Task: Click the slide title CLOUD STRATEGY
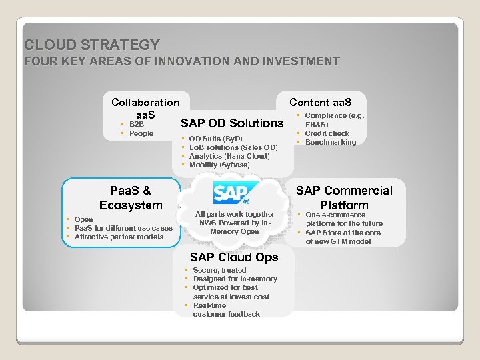92,45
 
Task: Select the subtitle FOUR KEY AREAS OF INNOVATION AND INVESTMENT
181,61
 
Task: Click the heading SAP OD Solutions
232,123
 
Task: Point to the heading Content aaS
320,102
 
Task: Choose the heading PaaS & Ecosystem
131,198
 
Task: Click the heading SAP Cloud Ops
234,257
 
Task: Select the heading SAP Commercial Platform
344,198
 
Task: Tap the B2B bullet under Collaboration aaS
136,124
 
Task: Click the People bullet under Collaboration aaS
141,133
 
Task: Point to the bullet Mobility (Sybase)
219,165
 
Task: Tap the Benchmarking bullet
331,142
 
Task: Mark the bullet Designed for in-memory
235,279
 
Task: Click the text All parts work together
235,214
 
